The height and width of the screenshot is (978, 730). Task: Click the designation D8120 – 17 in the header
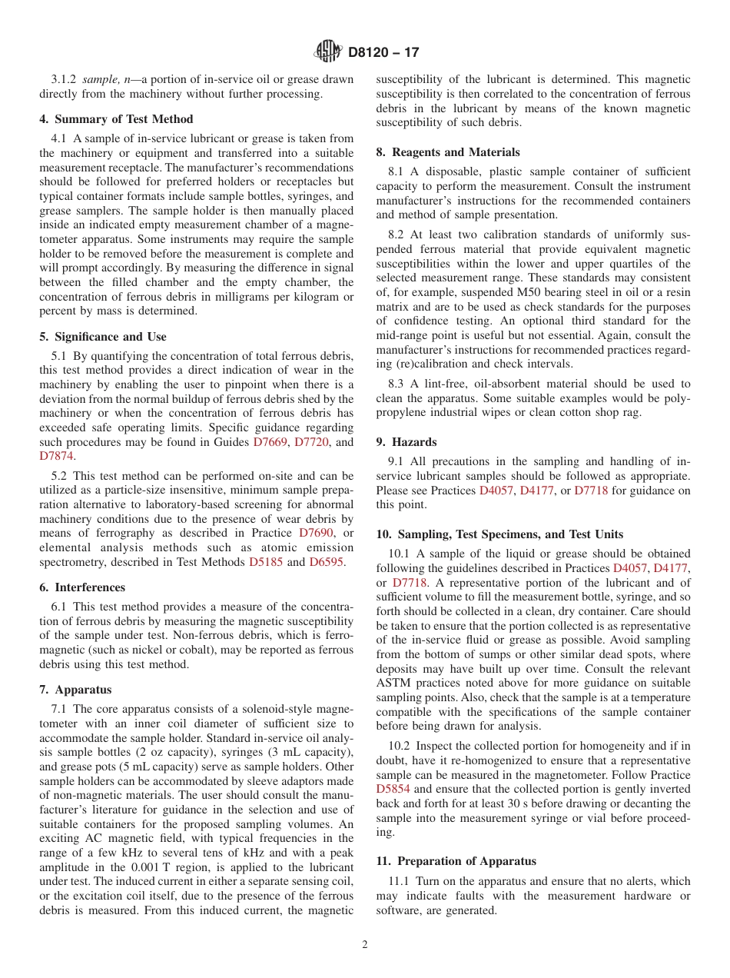(383, 53)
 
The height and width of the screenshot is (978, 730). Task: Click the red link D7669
(270, 442)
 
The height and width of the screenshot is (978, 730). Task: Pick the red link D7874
(56, 457)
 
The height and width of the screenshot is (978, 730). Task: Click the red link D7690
(317, 534)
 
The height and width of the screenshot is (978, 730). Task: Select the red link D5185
(266, 563)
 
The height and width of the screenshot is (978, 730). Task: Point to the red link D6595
(327, 563)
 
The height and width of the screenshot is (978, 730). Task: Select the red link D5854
(394, 790)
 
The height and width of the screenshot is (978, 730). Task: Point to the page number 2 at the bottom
(365, 945)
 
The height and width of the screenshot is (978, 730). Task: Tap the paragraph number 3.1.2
(65, 80)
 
